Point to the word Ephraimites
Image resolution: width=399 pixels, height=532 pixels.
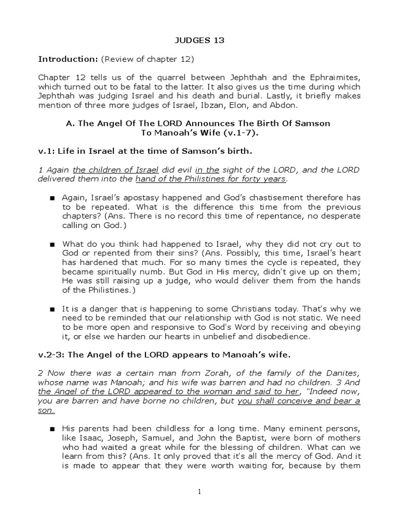(336, 77)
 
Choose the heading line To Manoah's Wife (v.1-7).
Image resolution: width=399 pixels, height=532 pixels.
(199, 132)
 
